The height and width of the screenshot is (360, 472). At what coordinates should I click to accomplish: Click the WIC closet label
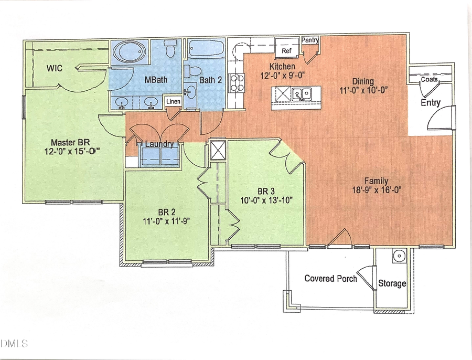pyautogui.click(x=55, y=68)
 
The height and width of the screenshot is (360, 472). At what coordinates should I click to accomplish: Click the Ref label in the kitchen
pyautogui.click(x=286, y=51)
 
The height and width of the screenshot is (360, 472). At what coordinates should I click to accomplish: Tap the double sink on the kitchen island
pyautogui.click(x=302, y=94)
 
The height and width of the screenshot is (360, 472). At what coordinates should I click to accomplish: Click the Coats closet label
pyautogui.click(x=430, y=79)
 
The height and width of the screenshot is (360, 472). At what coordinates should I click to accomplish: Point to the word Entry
pyautogui.click(x=431, y=103)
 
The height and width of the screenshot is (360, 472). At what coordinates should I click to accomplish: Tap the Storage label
pyautogui.click(x=392, y=283)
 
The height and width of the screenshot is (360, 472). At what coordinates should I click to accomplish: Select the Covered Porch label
pyautogui.click(x=330, y=278)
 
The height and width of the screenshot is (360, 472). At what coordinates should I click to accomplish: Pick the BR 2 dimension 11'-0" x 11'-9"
pyautogui.click(x=166, y=221)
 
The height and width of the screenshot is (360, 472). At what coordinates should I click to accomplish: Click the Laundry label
pyautogui.click(x=159, y=144)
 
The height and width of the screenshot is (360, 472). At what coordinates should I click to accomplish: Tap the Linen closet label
pyautogui.click(x=173, y=101)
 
